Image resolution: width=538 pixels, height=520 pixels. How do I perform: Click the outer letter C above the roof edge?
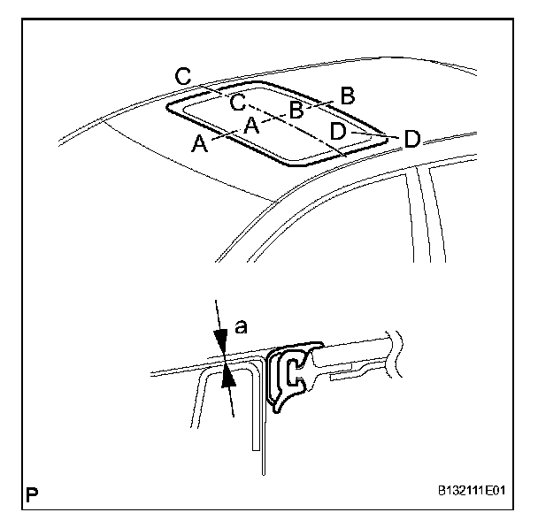point(183,77)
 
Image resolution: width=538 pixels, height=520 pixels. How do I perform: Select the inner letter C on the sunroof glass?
point(238,103)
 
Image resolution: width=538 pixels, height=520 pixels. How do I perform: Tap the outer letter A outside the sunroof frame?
point(201,144)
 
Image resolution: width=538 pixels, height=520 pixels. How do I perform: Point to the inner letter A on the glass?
point(251,126)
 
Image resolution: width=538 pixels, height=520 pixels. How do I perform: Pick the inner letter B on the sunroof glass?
point(296,109)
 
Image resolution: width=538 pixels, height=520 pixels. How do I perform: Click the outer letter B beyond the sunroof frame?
point(347,93)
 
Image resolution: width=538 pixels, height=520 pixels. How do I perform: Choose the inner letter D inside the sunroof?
point(338,132)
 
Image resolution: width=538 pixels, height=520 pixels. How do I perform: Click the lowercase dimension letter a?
point(242,327)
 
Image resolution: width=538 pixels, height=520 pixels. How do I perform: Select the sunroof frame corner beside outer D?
point(382,136)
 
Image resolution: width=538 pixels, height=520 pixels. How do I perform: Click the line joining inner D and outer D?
point(372,135)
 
